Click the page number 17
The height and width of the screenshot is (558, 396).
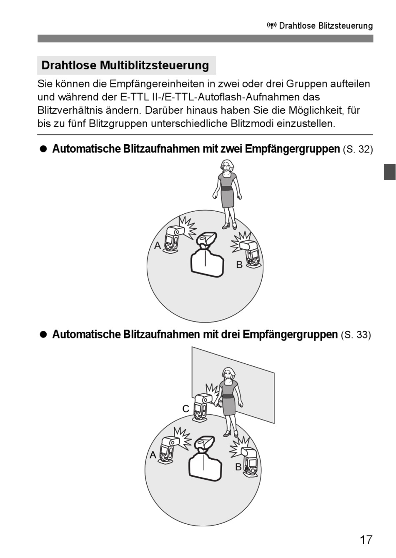[366, 540]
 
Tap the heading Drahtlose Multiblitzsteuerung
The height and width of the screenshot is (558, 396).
[125, 65]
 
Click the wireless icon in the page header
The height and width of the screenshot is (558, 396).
[272, 26]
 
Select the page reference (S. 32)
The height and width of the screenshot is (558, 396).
[358, 149]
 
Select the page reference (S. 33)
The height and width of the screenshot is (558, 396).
[356, 335]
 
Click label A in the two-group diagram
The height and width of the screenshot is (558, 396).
[158, 246]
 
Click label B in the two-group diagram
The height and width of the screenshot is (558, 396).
[239, 265]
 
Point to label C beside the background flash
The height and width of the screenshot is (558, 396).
[186, 409]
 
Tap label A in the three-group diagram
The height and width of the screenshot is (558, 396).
[153, 455]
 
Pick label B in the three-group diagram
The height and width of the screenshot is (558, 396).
[238, 467]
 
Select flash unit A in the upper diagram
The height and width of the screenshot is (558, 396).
[172, 240]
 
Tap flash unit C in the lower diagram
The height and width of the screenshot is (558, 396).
[203, 406]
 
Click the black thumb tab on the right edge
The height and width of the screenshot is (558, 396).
[389, 172]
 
